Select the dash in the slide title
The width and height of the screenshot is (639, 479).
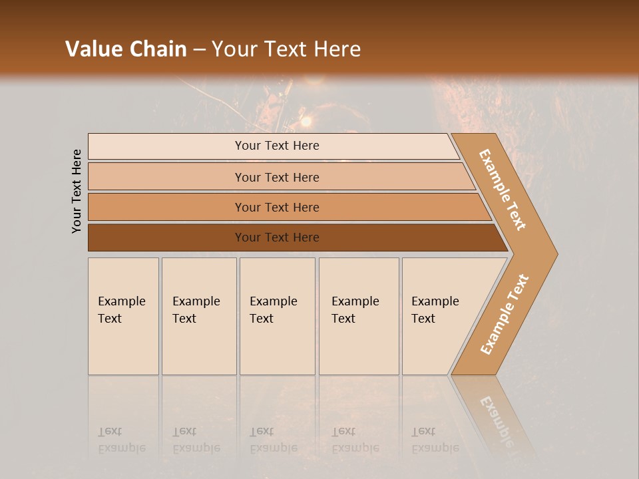[x=199, y=50]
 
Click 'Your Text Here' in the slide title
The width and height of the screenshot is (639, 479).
[x=286, y=49]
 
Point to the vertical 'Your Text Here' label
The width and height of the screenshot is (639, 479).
[x=77, y=192]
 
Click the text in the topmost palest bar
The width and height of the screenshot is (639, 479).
[x=277, y=146]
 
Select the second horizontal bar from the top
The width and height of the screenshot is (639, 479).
[x=277, y=177]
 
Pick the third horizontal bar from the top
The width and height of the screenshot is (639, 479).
[x=277, y=208]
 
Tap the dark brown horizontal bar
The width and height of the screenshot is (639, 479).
[x=277, y=238]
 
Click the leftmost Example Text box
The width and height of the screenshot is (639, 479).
[x=123, y=316]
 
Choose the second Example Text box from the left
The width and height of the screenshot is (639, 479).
[x=199, y=316]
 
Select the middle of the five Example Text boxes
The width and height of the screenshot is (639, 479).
[x=277, y=316]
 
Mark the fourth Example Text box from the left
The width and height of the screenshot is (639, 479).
[x=359, y=316]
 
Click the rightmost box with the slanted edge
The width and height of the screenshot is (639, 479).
[x=439, y=316]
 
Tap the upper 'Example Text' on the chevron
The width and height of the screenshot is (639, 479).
[x=503, y=190]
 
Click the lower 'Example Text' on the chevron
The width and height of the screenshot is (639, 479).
[x=504, y=315]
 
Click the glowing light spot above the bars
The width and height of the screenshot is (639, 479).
[x=306, y=122]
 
